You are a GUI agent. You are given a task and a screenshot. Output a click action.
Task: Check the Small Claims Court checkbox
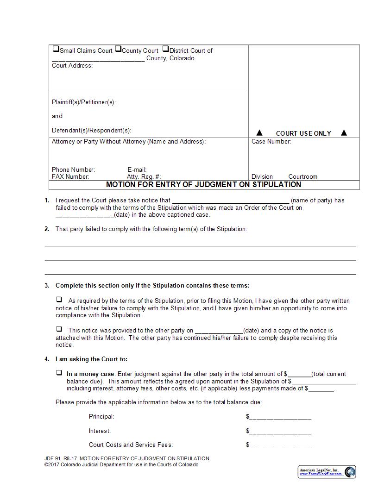[x=56, y=49]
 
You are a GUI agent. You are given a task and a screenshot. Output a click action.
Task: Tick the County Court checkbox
[x=118, y=49]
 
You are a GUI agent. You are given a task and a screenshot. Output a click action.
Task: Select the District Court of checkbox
[x=165, y=49]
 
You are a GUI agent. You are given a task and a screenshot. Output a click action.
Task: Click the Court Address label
[x=72, y=66]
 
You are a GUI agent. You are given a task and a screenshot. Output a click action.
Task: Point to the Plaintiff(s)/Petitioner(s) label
[x=84, y=102]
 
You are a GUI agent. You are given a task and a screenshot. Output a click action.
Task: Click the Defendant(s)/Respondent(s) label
[x=91, y=131]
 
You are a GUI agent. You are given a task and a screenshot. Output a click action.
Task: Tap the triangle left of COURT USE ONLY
[x=259, y=133]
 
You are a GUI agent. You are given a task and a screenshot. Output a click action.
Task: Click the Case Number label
[x=271, y=142]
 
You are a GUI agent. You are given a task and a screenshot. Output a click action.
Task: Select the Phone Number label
[x=73, y=170]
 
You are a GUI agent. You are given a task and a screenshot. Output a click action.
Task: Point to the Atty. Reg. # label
[x=144, y=177]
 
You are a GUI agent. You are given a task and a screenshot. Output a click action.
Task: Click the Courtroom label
[x=302, y=177]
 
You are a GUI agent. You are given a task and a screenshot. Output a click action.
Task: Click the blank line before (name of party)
[x=231, y=201]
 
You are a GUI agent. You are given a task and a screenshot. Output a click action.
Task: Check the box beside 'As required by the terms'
[x=59, y=300]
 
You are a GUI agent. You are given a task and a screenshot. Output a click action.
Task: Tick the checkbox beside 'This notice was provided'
[x=59, y=329]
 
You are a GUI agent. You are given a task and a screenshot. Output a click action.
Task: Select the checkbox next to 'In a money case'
[x=59, y=372]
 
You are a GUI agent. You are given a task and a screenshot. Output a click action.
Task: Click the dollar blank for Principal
[x=280, y=417]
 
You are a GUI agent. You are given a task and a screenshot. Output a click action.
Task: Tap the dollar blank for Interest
[x=280, y=431]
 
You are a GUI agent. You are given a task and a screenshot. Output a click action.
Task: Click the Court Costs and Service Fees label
[x=131, y=445]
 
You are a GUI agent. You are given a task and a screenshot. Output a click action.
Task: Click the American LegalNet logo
[x=327, y=472]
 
